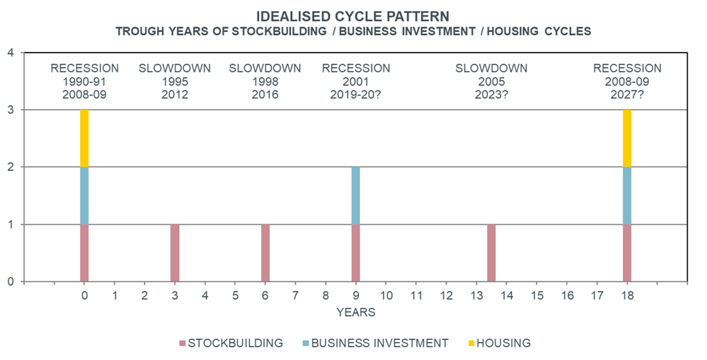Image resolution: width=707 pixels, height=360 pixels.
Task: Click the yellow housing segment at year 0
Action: [x=85, y=138]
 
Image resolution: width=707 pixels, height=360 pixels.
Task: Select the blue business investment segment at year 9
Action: [x=355, y=196]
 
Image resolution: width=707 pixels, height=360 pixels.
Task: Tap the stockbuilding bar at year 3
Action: [x=175, y=253]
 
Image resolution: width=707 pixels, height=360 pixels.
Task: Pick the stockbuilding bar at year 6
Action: [x=266, y=253]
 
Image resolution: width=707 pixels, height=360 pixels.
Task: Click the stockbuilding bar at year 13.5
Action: [x=491, y=253]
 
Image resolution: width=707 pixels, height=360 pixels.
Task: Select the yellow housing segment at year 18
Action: [x=627, y=138]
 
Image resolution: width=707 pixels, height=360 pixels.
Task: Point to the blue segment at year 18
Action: [x=627, y=196]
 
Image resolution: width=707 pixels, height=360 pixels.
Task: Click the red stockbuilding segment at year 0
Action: [x=85, y=253]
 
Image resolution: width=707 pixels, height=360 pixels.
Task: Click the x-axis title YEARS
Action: [x=355, y=312]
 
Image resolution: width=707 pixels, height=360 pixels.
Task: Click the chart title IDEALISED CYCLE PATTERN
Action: [x=353, y=15]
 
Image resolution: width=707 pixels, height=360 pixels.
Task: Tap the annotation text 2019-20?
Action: [x=355, y=94]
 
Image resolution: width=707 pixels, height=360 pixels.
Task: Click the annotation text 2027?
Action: [x=627, y=94]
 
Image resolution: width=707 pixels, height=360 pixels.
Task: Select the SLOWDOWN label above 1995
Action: [x=174, y=68]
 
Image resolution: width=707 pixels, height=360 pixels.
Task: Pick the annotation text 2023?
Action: [x=491, y=94]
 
